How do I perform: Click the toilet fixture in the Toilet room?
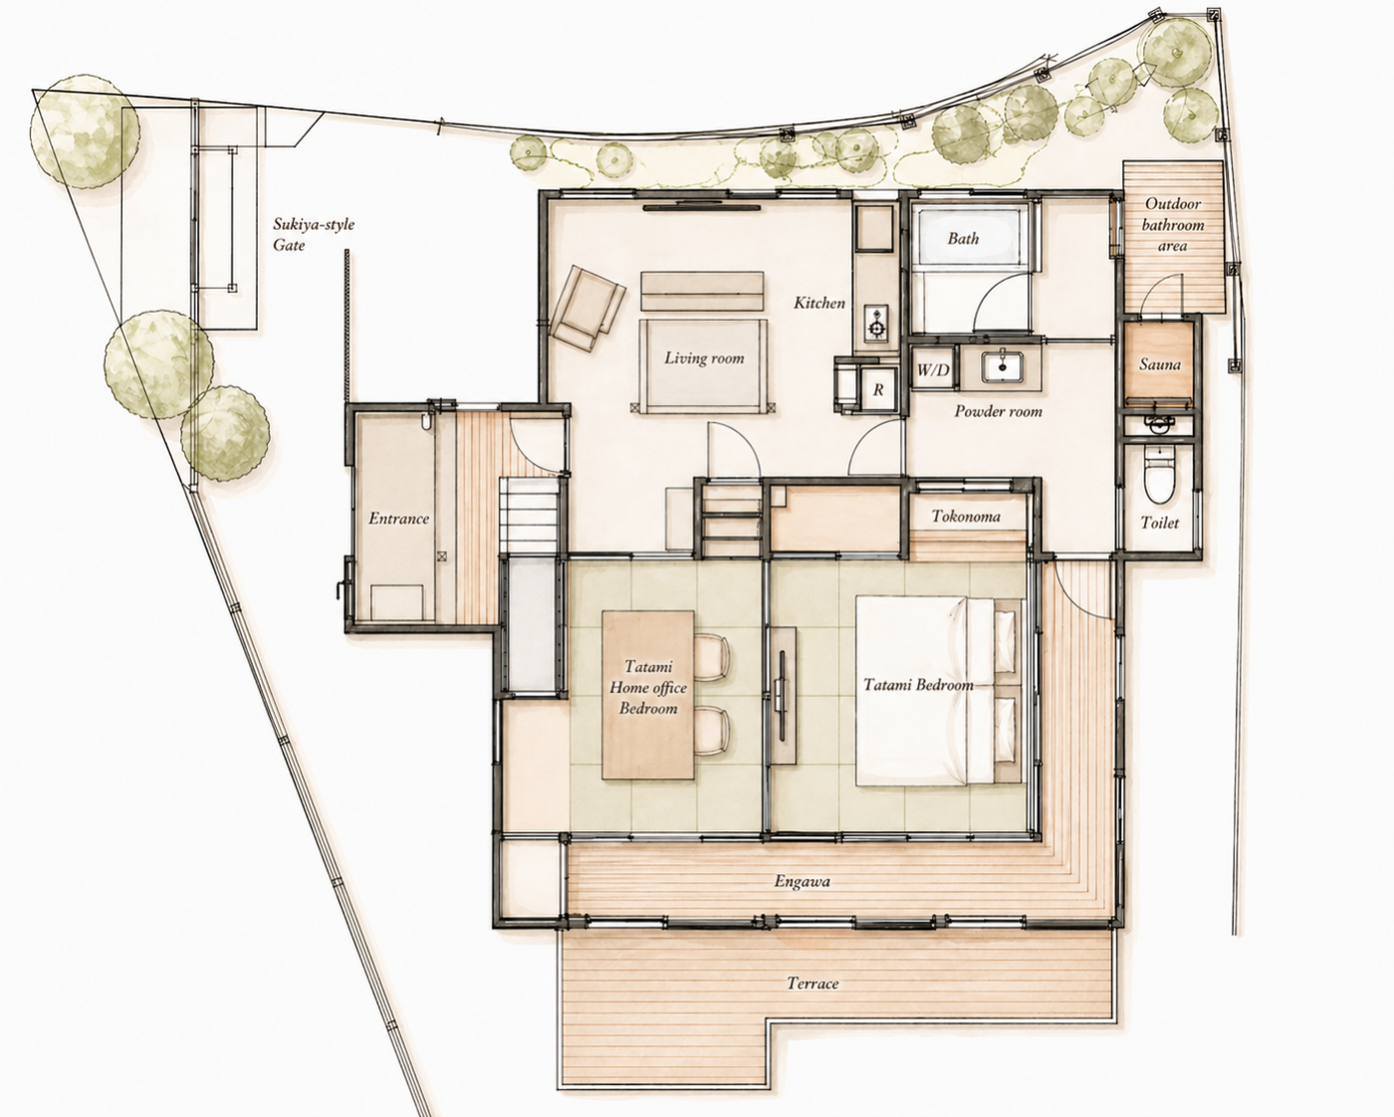(x=1159, y=474)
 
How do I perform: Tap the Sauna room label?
(x=1159, y=364)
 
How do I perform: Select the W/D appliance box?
(x=933, y=370)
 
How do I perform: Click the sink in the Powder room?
(x=1002, y=366)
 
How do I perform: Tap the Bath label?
(x=963, y=238)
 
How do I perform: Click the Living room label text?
(x=704, y=358)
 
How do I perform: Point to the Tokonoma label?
(x=966, y=517)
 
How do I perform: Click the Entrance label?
(x=399, y=519)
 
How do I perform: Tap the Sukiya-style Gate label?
(x=314, y=235)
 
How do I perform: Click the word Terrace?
(x=813, y=984)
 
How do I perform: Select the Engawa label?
(x=802, y=881)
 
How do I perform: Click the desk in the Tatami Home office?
(x=648, y=694)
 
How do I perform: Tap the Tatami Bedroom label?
(x=918, y=685)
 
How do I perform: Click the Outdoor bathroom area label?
(x=1173, y=225)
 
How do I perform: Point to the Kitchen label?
(x=819, y=303)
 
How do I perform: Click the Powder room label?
(x=999, y=411)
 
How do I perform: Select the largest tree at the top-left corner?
(x=85, y=130)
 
